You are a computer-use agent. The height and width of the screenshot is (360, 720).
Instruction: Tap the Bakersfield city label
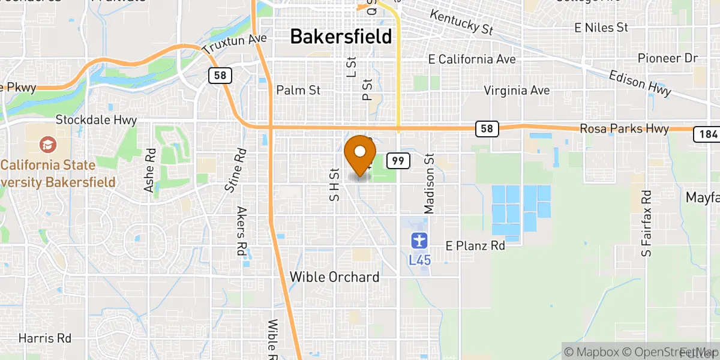click(x=341, y=37)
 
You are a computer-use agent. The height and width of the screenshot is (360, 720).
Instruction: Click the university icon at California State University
click(x=46, y=145)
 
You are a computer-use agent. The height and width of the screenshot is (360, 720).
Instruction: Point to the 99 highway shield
click(x=398, y=160)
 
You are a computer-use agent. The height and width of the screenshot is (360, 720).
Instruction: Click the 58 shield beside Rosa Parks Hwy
click(x=486, y=128)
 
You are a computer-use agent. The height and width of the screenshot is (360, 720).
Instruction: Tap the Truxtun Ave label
click(x=235, y=43)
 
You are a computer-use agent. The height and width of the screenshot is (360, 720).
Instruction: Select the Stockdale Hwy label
click(x=96, y=120)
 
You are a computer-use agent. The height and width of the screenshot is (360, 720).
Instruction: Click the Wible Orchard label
click(x=334, y=277)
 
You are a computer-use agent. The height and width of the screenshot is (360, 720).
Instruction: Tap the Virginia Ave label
click(x=517, y=91)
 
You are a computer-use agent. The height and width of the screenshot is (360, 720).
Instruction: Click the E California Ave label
click(x=472, y=59)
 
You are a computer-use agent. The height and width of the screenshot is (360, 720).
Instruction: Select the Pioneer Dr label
click(x=668, y=58)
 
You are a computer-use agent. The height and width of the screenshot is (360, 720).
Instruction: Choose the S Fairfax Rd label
click(x=646, y=224)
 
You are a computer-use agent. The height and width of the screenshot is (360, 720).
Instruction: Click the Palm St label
click(x=298, y=91)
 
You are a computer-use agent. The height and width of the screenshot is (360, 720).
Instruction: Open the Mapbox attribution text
click(x=590, y=352)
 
